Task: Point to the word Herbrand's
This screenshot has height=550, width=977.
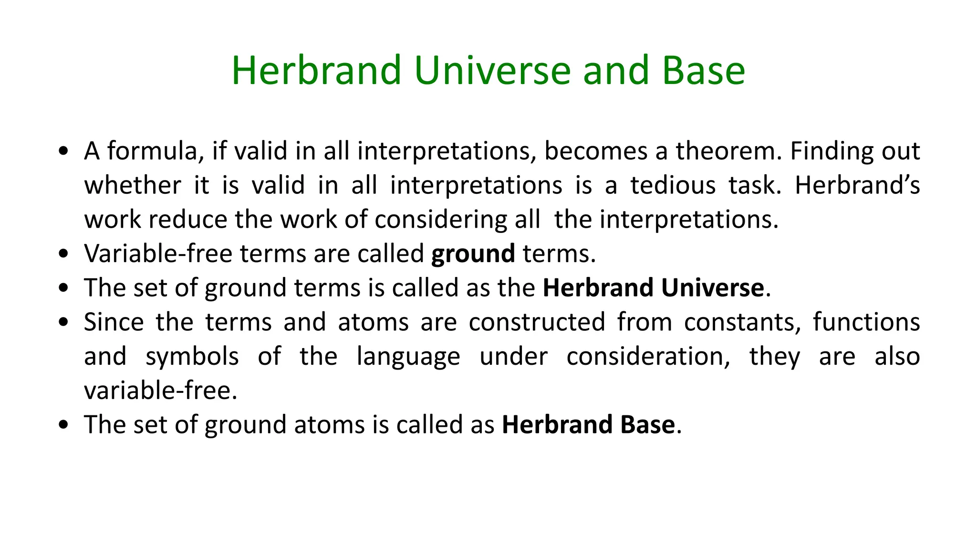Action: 857,185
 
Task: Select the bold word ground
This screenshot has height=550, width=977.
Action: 473,254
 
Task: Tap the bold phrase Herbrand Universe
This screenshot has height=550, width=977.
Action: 653,288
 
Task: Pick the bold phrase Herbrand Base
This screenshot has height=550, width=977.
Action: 588,425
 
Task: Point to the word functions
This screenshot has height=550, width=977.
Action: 866,322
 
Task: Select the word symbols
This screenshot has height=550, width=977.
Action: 192,357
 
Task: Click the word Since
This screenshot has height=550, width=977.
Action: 114,322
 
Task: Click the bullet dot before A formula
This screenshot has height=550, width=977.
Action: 63,152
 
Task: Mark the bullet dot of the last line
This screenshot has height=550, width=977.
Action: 63,425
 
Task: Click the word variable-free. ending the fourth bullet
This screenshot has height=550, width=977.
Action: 160,391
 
